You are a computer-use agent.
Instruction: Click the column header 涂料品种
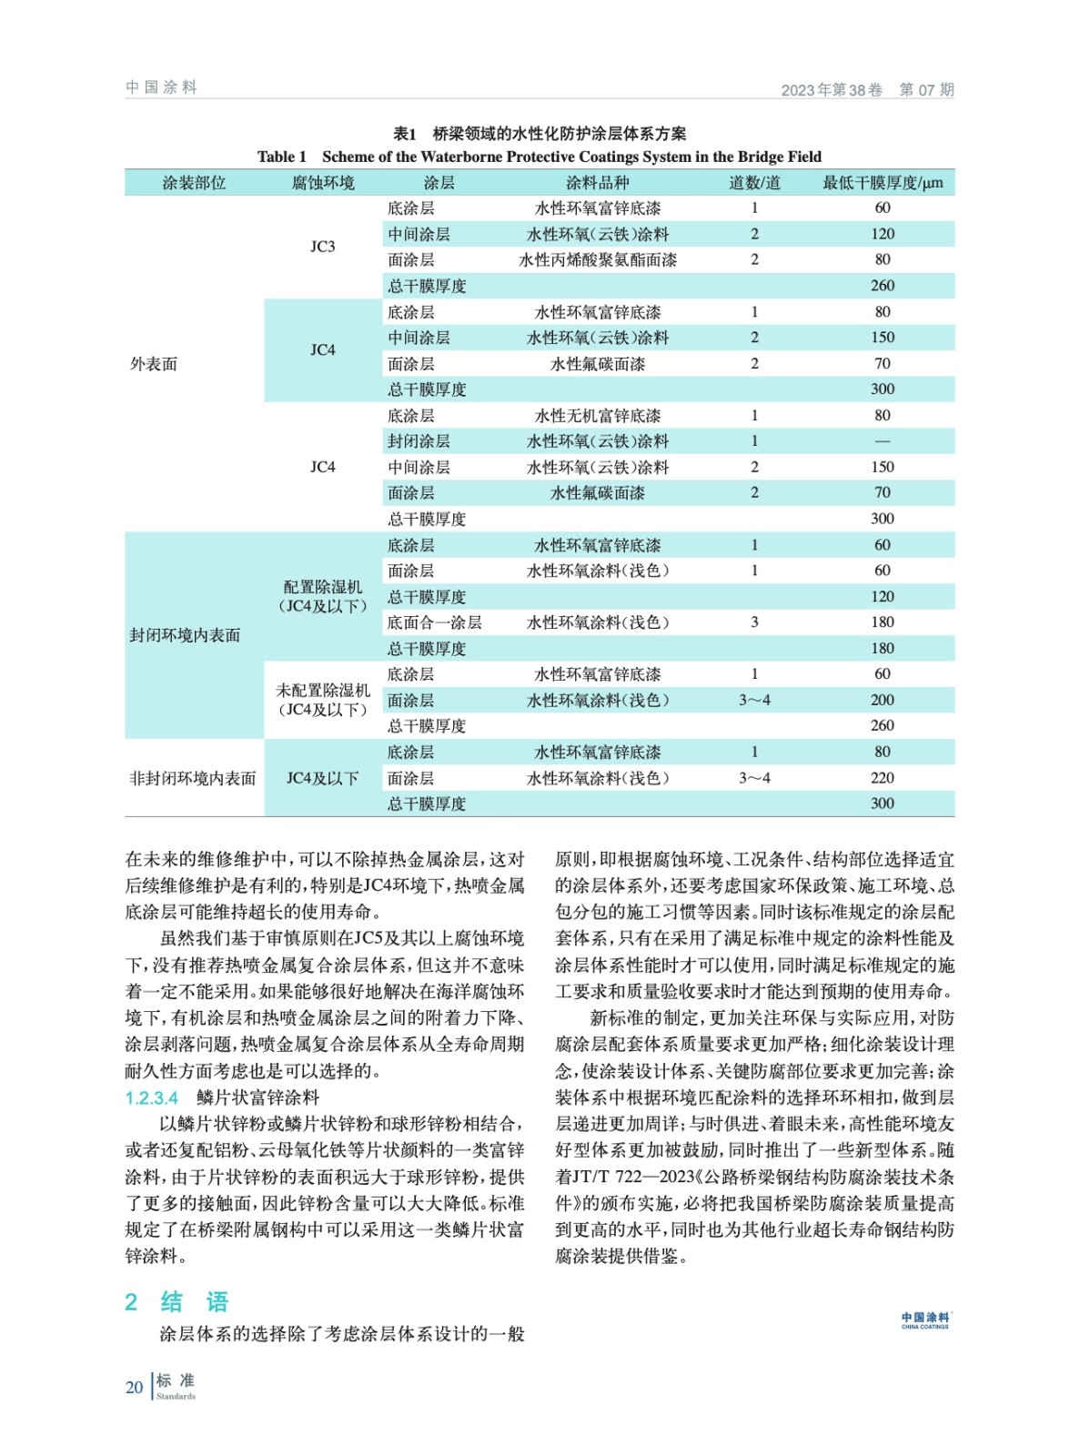[x=597, y=183]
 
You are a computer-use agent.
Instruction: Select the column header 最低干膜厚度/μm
[x=882, y=183]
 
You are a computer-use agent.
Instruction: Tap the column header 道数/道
[x=754, y=183]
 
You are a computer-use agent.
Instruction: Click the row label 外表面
[x=154, y=364]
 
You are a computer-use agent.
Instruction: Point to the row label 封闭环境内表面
[x=185, y=635]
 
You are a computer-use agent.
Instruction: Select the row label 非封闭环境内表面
[x=193, y=778]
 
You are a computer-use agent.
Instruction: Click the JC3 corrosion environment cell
[x=322, y=247]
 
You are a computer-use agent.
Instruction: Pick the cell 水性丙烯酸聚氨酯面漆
[x=597, y=260]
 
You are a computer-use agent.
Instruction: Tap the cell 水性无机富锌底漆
[x=597, y=416]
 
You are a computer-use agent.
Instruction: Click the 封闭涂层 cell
[x=419, y=441]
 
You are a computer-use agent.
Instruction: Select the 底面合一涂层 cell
[x=434, y=622]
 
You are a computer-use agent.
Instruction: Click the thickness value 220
[x=882, y=778]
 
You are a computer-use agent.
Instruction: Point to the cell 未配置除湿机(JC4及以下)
[x=322, y=700]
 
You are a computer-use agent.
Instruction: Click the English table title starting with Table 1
[x=539, y=157]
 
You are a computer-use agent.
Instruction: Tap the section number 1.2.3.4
[x=152, y=1097]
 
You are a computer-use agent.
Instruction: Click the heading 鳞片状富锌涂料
[x=257, y=1097]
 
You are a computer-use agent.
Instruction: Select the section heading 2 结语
[x=177, y=1301]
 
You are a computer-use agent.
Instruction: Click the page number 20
[x=134, y=1388]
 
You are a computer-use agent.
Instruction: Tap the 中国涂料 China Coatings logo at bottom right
[x=924, y=1320]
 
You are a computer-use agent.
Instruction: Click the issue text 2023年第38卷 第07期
[x=867, y=90]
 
